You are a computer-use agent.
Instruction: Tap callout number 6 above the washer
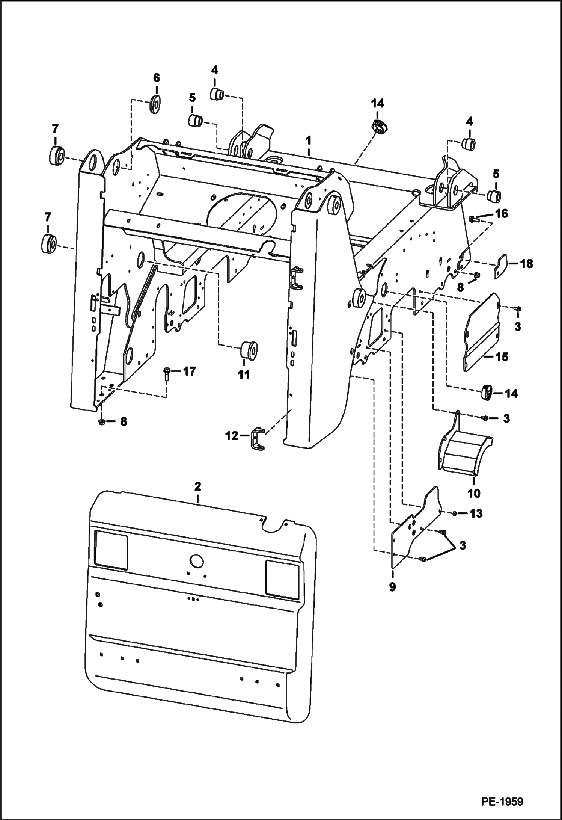[x=156, y=78]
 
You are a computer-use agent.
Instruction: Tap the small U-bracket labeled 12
[x=256, y=439]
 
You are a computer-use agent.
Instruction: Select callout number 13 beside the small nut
[x=476, y=513]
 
